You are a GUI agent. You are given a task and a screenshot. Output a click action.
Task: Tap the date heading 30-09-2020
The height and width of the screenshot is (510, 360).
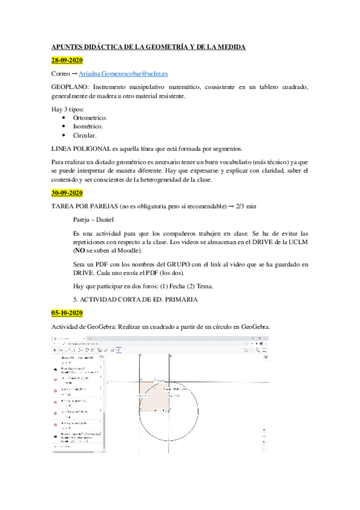click(x=67, y=193)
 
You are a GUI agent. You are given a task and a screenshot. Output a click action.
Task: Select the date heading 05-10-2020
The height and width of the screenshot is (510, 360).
click(x=67, y=313)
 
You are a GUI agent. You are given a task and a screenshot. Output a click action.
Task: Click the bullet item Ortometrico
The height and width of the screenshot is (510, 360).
click(x=90, y=118)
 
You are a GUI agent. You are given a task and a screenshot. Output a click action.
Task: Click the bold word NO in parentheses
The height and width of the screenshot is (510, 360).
click(x=78, y=250)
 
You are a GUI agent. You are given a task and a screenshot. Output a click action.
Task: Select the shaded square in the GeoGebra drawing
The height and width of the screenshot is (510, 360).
click(x=154, y=395)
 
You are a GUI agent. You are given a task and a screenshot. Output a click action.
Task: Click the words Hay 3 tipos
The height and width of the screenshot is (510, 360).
click(x=68, y=109)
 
